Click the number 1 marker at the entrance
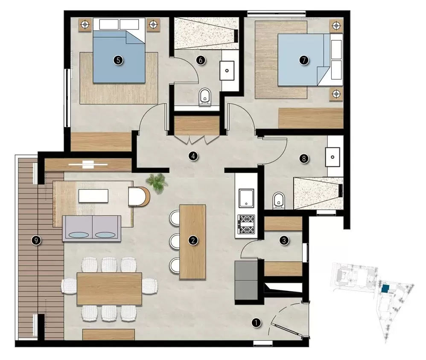[256, 323]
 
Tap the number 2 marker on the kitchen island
[193, 241]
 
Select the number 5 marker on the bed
[118, 60]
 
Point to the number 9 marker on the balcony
[37, 241]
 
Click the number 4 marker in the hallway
[193, 156]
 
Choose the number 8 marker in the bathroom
[303, 159]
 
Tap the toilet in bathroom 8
[278, 200]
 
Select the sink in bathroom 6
[227, 70]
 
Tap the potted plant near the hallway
[157, 182]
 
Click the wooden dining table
[109, 288]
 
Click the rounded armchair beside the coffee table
[139, 196]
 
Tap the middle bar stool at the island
[175, 242]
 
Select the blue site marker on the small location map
[385, 289]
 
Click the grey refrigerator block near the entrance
[245, 282]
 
